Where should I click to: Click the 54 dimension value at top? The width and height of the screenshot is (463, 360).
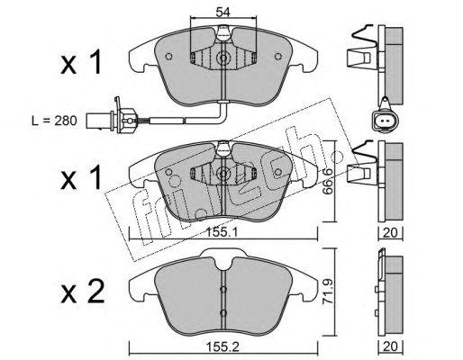[223, 13]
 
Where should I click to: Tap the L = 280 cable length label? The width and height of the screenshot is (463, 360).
[54, 121]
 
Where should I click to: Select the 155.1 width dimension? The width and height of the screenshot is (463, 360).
[222, 232]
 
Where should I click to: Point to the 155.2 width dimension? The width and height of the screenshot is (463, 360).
[222, 347]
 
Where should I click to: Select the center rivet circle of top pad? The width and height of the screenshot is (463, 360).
[223, 58]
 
